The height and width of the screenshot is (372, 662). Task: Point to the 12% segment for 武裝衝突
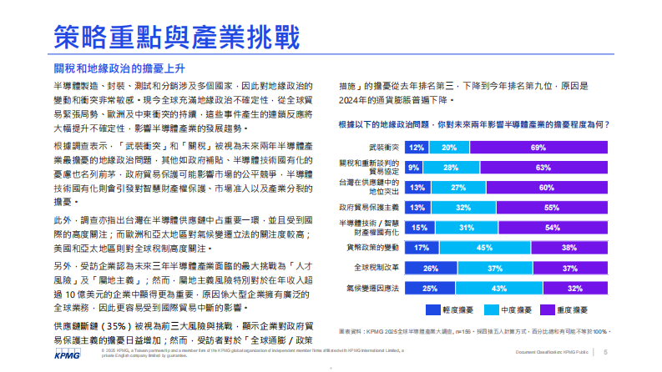tap(418, 147)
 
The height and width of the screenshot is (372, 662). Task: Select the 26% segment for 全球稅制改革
tap(431, 268)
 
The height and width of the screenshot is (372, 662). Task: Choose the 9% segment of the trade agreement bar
tap(415, 167)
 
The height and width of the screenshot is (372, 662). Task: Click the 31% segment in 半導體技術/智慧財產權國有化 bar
tap(467, 228)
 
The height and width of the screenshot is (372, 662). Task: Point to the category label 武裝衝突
tap(385, 147)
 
